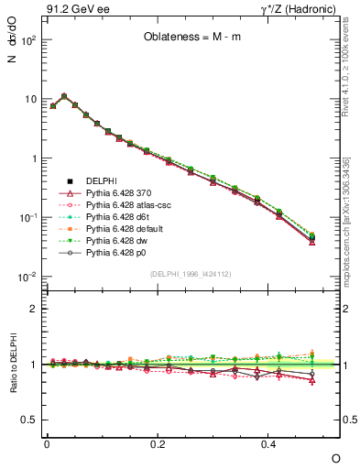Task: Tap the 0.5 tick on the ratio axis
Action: [x=27, y=420]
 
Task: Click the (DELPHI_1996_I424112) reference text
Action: [x=189, y=273]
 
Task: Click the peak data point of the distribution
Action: [x=64, y=95]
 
